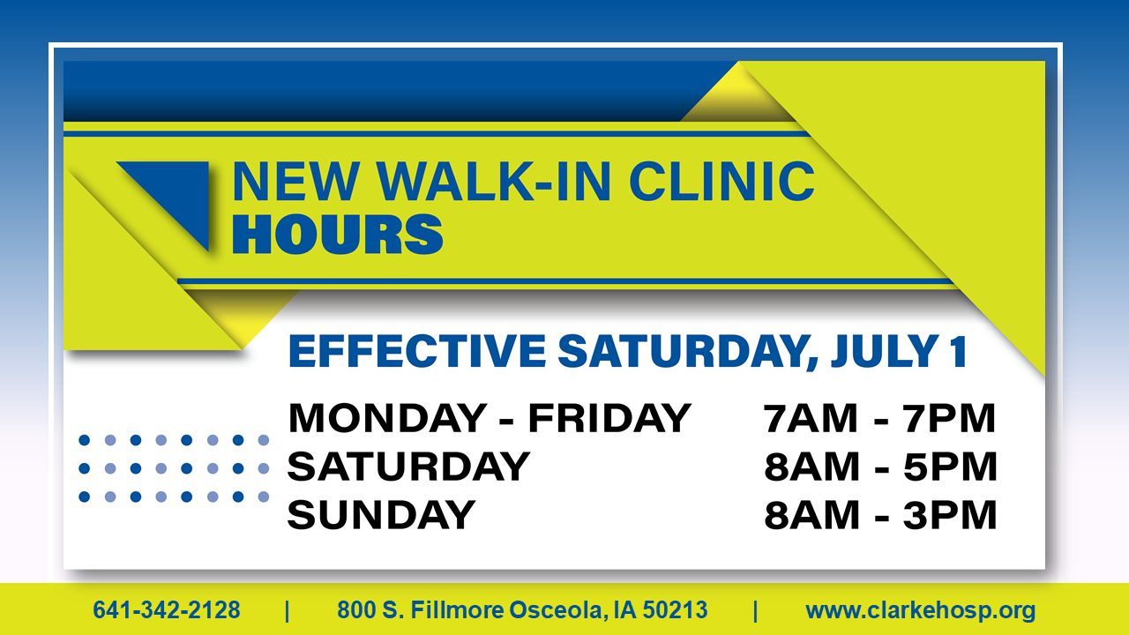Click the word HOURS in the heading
pos(337,234)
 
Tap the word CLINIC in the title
pos(722,181)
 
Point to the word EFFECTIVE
pos(417,351)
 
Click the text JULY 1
pos(899,351)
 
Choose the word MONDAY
pos(387,418)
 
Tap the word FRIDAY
pos(609,418)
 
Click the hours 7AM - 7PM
pos(879,418)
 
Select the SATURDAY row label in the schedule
pos(408,467)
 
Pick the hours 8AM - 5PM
pos(880,467)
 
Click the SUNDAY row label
pos(381,515)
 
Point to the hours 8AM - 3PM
pos(880,515)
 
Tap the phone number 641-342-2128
pos(167,609)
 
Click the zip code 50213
pos(675,609)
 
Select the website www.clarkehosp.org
pos(920,611)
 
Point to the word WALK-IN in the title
pos(494,181)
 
